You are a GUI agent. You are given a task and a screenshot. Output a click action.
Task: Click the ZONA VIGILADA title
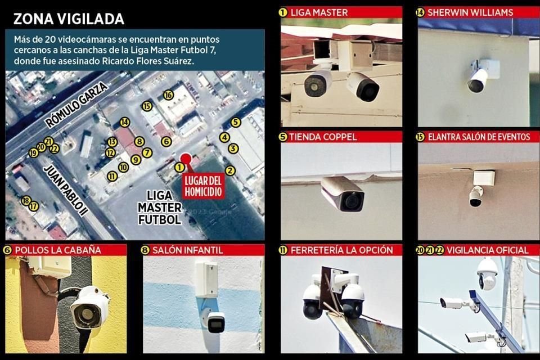69,19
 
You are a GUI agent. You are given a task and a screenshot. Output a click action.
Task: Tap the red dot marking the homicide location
186,159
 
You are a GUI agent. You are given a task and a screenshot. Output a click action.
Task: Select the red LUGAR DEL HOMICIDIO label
203,186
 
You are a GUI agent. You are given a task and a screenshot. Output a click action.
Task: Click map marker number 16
168,94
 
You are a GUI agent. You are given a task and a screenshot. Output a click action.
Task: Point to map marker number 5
235,122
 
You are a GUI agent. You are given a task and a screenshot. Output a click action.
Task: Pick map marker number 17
33,206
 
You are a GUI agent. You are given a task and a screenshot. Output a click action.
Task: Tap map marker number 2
230,170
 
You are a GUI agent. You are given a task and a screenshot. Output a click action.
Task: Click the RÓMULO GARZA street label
76,105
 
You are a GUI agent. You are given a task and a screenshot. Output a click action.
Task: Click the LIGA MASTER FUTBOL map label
159,208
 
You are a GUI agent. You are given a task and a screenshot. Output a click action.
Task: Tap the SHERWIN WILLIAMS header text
470,12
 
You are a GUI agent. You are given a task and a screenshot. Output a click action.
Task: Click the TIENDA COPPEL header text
323,137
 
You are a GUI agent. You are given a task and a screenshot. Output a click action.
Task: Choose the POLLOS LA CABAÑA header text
58,250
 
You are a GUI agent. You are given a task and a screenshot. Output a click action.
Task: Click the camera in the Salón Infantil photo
215,322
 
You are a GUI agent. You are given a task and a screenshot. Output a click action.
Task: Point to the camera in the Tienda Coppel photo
343,193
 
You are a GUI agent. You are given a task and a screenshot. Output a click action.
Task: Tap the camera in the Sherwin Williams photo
479,80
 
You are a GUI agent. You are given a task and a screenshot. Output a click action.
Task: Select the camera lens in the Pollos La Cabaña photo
85,314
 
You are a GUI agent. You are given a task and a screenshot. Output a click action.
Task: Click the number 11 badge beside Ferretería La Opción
283,250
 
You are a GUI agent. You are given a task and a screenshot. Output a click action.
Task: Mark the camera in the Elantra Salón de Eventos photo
476,197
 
